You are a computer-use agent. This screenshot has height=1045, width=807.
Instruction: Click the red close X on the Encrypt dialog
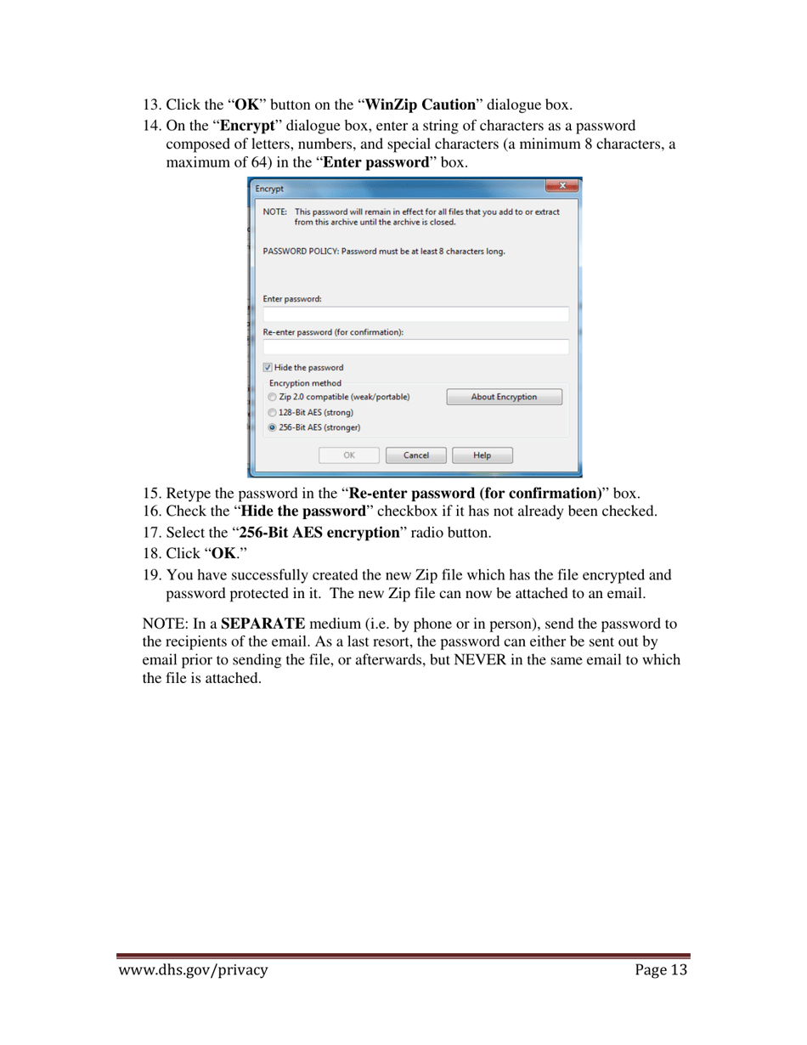tap(562, 187)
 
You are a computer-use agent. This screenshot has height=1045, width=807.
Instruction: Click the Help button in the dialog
tap(482, 455)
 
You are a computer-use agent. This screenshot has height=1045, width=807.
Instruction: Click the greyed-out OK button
tap(348, 455)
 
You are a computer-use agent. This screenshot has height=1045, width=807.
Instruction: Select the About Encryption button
tap(504, 397)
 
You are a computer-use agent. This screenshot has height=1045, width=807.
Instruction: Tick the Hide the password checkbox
tap(268, 368)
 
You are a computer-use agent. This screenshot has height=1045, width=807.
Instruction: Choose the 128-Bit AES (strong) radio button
tap(272, 412)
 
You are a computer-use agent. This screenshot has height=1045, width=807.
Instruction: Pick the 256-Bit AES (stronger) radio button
tap(272, 427)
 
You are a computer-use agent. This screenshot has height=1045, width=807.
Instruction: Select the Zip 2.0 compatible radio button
tap(272, 397)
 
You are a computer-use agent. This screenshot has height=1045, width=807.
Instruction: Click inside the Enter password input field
tap(415, 314)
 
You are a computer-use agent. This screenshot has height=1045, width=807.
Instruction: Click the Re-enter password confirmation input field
tap(415, 347)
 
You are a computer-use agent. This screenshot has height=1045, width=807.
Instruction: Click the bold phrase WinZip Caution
tap(420, 105)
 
